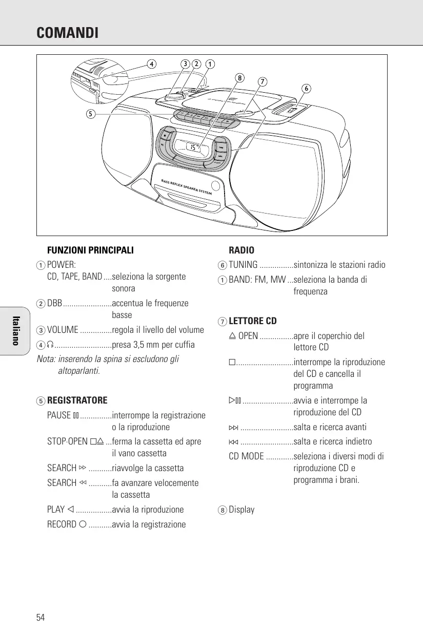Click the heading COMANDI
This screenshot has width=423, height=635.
click(x=67, y=33)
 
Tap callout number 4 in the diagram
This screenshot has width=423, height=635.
click(x=151, y=64)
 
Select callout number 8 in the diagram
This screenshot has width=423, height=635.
click(x=239, y=78)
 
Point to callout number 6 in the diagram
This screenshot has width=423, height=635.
click(x=306, y=88)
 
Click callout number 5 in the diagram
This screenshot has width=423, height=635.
click(x=90, y=114)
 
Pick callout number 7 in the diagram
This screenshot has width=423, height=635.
click(x=262, y=81)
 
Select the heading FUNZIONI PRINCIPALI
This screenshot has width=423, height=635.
click(x=90, y=250)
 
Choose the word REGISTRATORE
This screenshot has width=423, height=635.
click(x=77, y=400)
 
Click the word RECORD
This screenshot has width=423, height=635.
click(x=62, y=524)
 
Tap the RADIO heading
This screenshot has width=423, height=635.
click(x=241, y=250)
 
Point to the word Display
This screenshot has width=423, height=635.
click(x=241, y=510)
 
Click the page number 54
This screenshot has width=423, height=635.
click(x=41, y=617)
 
